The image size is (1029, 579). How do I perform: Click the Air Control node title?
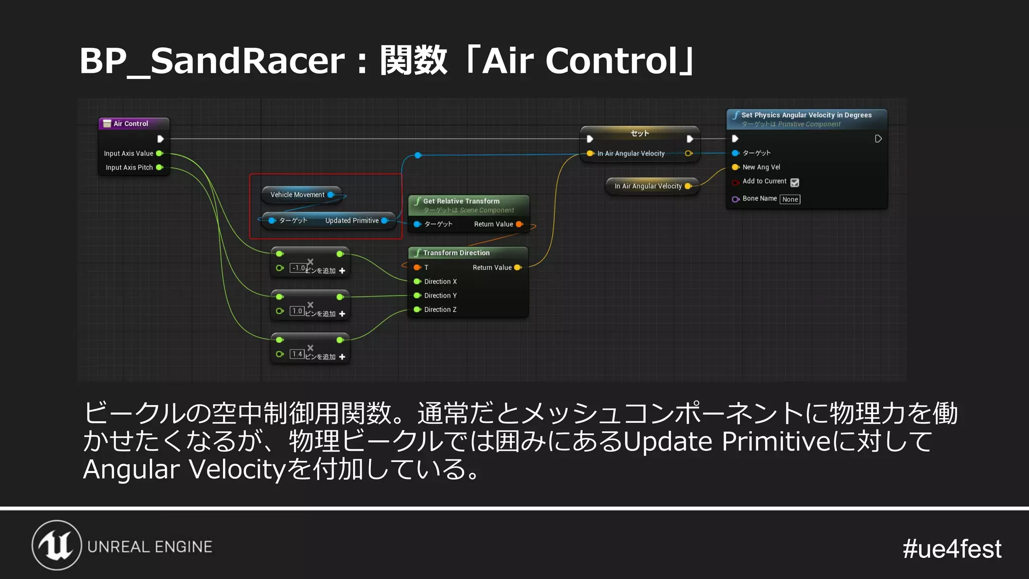click(131, 124)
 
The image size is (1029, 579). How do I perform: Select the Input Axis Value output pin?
click(159, 153)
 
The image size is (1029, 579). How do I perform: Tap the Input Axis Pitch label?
click(129, 167)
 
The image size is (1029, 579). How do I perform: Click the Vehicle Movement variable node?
click(297, 195)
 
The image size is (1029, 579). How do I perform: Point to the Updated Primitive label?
click(352, 221)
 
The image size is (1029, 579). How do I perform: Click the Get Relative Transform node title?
click(461, 201)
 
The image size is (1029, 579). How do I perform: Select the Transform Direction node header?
click(456, 253)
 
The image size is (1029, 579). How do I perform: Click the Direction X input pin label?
click(440, 281)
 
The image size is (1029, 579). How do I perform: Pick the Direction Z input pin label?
click(440, 310)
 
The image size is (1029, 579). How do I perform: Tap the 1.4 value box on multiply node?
click(297, 354)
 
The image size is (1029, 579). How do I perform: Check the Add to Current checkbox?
click(794, 182)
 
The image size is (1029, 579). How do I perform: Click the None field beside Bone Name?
click(790, 200)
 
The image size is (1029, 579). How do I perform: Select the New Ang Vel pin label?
click(761, 167)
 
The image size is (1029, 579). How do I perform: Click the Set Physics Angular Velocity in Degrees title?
click(806, 115)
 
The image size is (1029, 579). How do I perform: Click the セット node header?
click(640, 133)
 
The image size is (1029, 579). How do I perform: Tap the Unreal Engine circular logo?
click(57, 545)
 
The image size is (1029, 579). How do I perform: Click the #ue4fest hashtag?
click(952, 549)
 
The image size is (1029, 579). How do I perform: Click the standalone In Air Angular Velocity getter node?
click(648, 186)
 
